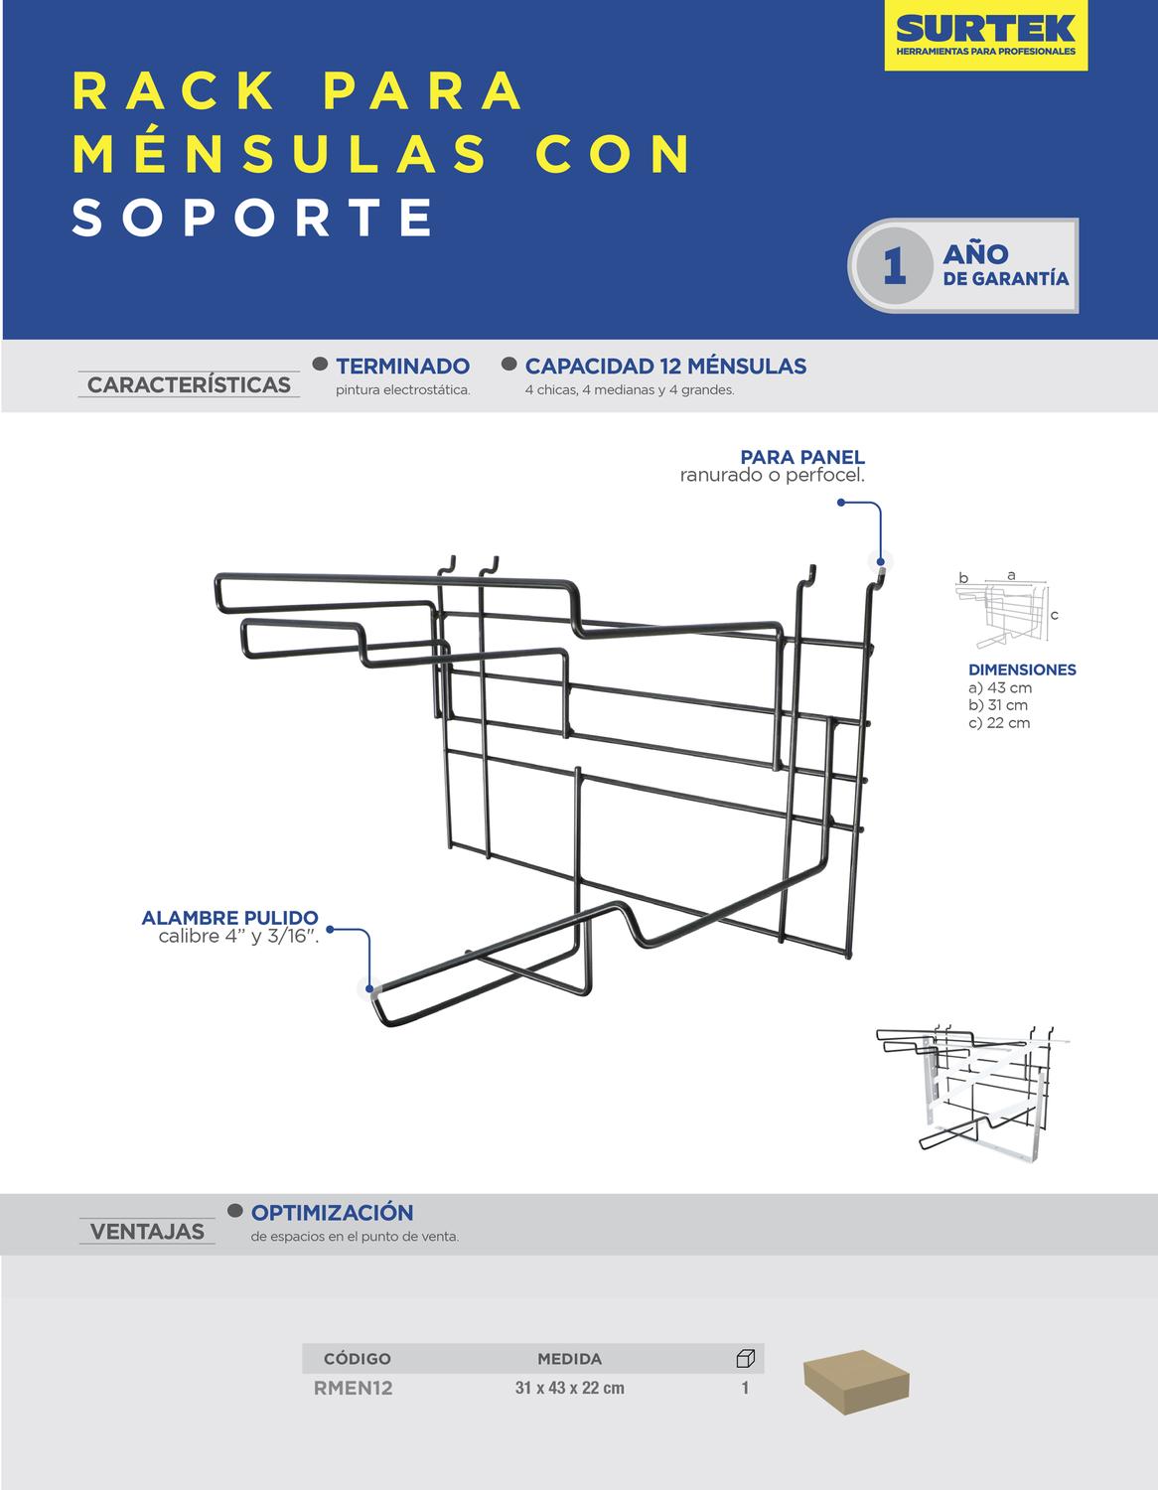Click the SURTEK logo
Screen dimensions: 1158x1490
pyautogui.click(x=985, y=35)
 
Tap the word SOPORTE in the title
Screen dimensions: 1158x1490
pyautogui.click(x=252, y=218)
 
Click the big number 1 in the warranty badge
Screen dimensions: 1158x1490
pyautogui.click(x=894, y=266)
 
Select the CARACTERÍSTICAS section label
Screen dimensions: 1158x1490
pyautogui.click(x=189, y=384)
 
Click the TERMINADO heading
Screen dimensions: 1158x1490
pyautogui.click(x=403, y=367)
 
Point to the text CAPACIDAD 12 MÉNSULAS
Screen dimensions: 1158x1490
pyautogui.click(x=665, y=367)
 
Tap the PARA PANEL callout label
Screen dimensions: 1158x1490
pyautogui.click(x=802, y=457)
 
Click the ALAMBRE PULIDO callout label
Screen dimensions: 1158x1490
pyautogui.click(x=229, y=918)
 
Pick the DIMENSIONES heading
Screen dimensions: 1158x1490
pyautogui.click(x=1022, y=670)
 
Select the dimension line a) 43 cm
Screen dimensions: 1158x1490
pyautogui.click(x=1000, y=687)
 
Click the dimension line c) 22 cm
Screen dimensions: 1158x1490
pyautogui.click(x=999, y=723)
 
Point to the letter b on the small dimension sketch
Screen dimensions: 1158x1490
pyautogui.click(x=963, y=578)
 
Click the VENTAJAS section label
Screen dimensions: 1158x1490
pyautogui.click(x=147, y=1232)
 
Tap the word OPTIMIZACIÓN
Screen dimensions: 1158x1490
pyautogui.click(x=333, y=1212)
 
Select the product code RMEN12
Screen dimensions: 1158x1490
pyautogui.click(x=353, y=1388)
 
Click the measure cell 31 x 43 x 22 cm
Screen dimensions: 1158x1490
pyautogui.click(x=569, y=1388)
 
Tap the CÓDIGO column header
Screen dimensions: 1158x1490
pyautogui.click(x=357, y=1358)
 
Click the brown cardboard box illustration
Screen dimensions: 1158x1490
pyautogui.click(x=856, y=1383)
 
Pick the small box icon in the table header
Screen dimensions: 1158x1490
pyautogui.click(x=745, y=1358)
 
